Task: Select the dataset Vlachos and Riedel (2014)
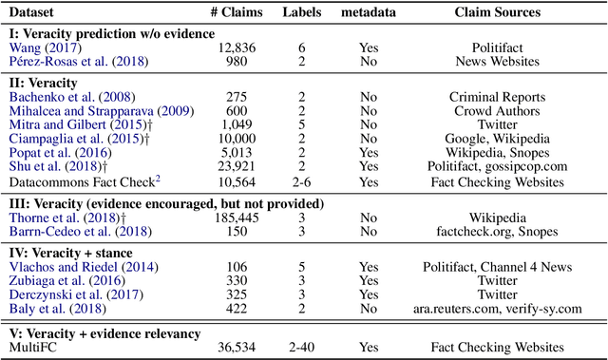(72, 268)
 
